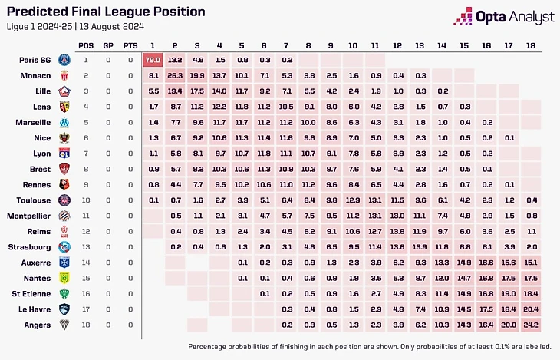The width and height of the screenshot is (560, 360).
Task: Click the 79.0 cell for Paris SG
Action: click(x=153, y=60)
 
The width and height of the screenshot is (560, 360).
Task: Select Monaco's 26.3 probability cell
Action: click(x=175, y=75)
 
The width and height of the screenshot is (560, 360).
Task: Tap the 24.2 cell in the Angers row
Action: click(x=530, y=325)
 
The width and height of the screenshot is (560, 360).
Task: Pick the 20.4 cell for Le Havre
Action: click(x=530, y=309)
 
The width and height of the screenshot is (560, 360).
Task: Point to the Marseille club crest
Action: click(x=65, y=122)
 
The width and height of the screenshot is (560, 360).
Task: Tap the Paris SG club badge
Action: click(x=65, y=60)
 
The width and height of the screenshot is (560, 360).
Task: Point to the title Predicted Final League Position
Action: click(x=107, y=12)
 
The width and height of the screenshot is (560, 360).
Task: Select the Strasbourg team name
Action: click(x=31, y=246)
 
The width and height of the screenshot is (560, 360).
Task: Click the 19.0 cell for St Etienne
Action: click(x=508, y=293)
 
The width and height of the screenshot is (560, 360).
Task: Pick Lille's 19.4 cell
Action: click(x=175, y=91)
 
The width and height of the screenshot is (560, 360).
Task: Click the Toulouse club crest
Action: click(x=65, y=200)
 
